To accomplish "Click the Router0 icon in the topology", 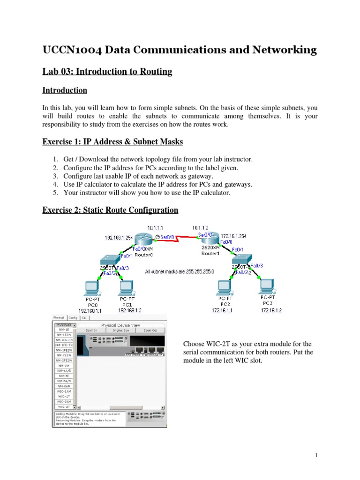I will point(141,239).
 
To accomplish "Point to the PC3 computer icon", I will point(267,285).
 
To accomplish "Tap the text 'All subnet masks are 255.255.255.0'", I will point(180,271).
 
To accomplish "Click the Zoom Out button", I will point(150,330).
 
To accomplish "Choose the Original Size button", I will point(121,330).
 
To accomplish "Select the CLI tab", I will point(84,317).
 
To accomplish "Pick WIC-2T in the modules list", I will point(64,407).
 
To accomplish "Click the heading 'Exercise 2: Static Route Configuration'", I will point(110,210).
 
